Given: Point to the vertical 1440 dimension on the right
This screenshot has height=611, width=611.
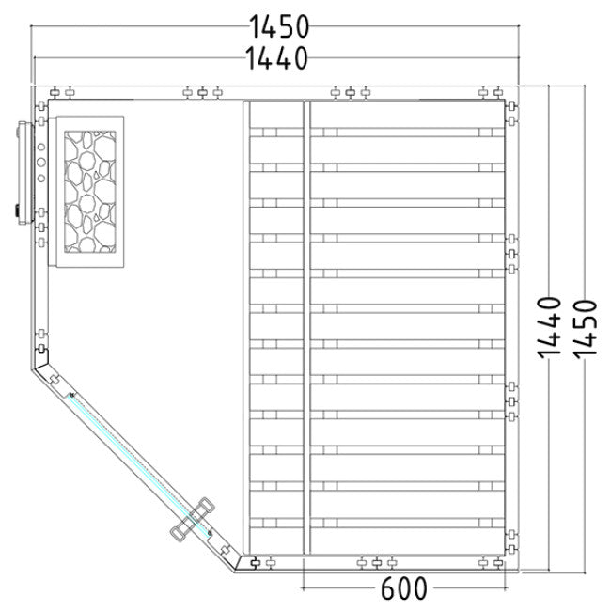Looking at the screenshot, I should pos(551,326).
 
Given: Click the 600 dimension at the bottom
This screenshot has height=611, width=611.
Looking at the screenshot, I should pos(403,589).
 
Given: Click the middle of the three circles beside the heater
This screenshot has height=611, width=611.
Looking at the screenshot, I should pos(41,163).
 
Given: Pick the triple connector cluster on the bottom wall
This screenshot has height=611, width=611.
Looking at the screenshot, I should pos(377,563).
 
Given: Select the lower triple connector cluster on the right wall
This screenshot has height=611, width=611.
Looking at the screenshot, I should pos(511,401).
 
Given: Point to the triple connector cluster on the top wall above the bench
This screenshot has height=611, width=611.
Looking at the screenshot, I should pos(350,93).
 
